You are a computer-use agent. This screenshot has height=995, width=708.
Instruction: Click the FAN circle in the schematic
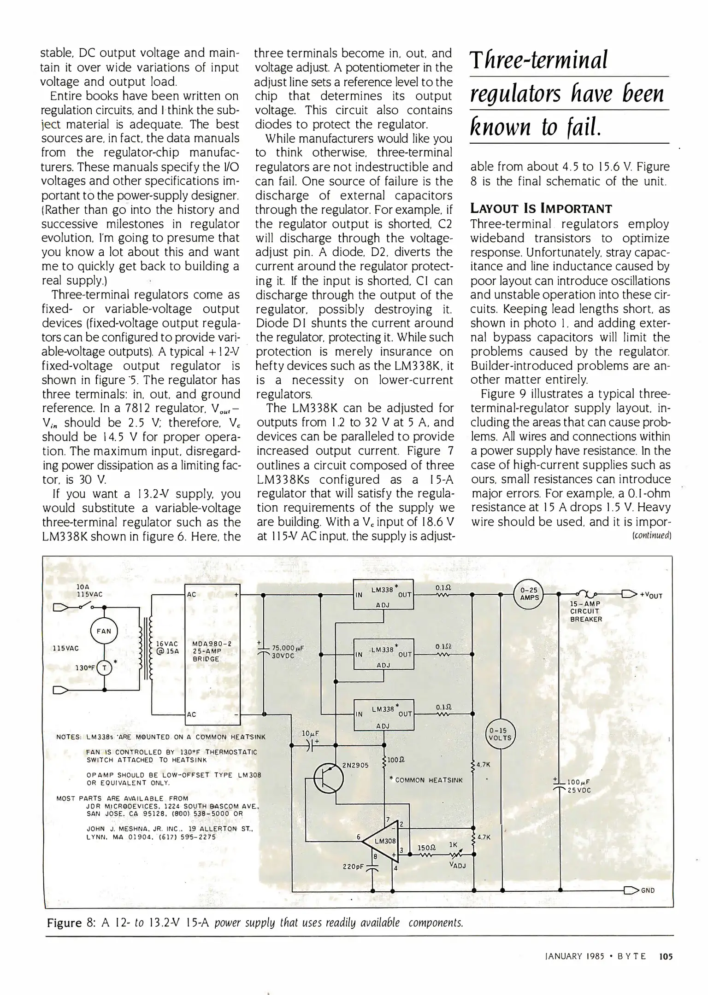(x=104, y=631)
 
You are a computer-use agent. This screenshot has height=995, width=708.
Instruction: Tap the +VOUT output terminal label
(x=651, y=595)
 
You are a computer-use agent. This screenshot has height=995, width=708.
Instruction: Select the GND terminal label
(x=648, y=890)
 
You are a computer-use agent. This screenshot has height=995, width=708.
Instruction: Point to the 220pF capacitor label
(x=354, y=866)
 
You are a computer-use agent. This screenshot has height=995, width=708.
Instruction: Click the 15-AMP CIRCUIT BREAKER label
(x=586, y=611)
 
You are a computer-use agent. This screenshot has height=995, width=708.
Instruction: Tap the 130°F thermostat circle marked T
(x=105, y=667)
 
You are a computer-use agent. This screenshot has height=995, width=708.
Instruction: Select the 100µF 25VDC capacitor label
(x=578, y=786)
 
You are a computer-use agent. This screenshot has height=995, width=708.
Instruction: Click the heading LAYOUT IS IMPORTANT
(x=541, y=209)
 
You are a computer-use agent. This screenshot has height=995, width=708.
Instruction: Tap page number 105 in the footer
(x=666, y=956)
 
